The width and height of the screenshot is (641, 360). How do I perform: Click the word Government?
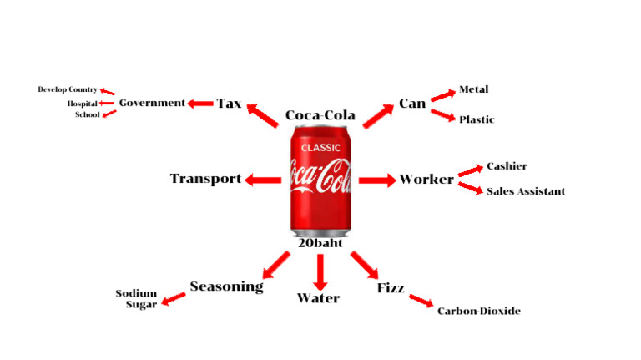tap(151, 103)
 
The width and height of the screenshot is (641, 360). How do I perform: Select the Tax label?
tap(229, 104)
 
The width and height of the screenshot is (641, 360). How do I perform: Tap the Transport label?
tap(205, 178)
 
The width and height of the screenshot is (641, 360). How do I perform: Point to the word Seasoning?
tap(226, 286)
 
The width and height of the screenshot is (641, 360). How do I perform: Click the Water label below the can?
tap(318, 298)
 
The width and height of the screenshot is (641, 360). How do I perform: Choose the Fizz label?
tap(391, 288)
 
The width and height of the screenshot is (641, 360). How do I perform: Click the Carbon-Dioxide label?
tap(478, 311)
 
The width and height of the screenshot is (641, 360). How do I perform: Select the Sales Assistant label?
tap(525, 191)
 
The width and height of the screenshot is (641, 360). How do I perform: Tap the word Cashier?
tap(507, 166)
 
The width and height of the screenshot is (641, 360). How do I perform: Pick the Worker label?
tap(426, 179)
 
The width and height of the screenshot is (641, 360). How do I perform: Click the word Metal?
tap(473, 89)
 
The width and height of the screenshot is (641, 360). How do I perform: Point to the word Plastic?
tap(476, 119)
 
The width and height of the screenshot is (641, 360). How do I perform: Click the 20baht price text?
tap(320, 243)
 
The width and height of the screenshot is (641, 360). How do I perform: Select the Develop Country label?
tap(68, 89)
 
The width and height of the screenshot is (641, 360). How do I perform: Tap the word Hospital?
tap(83, 104)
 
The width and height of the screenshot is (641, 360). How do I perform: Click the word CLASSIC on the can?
tap(321, 148)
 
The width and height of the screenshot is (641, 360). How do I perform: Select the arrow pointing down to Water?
tap(320, 271)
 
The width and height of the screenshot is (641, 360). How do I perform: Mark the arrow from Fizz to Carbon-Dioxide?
tap(421, 301)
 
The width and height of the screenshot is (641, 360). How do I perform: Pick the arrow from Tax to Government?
tap(200, 104)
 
